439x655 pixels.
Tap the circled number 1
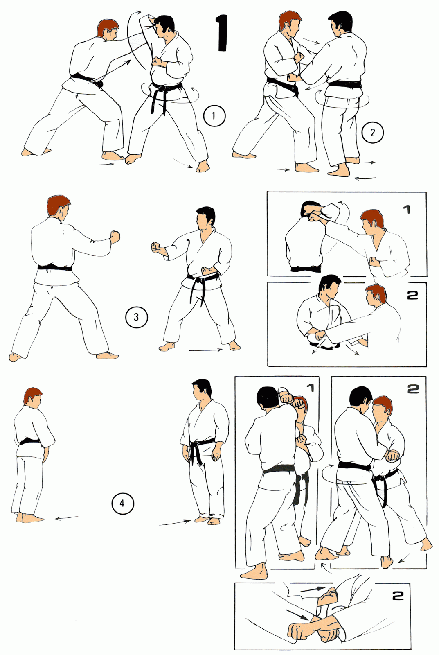214,116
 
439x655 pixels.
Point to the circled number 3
136,317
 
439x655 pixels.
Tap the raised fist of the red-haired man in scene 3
115,236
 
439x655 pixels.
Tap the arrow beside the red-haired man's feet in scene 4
66,518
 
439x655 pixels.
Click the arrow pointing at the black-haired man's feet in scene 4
175,523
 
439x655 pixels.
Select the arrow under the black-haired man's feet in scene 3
205,350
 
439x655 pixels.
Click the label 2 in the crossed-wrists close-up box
398,596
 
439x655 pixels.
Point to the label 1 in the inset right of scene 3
406,210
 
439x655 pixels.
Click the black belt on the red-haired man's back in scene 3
54,267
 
